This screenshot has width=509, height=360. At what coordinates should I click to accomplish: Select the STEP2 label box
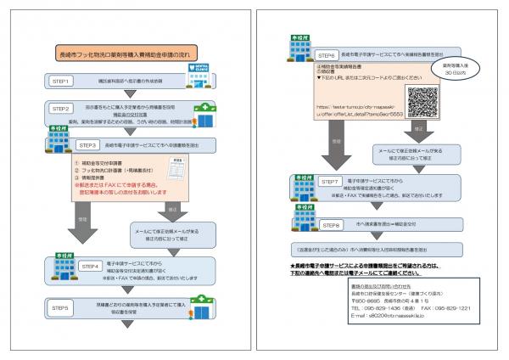62,110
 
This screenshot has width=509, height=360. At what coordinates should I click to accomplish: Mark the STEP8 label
334,224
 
